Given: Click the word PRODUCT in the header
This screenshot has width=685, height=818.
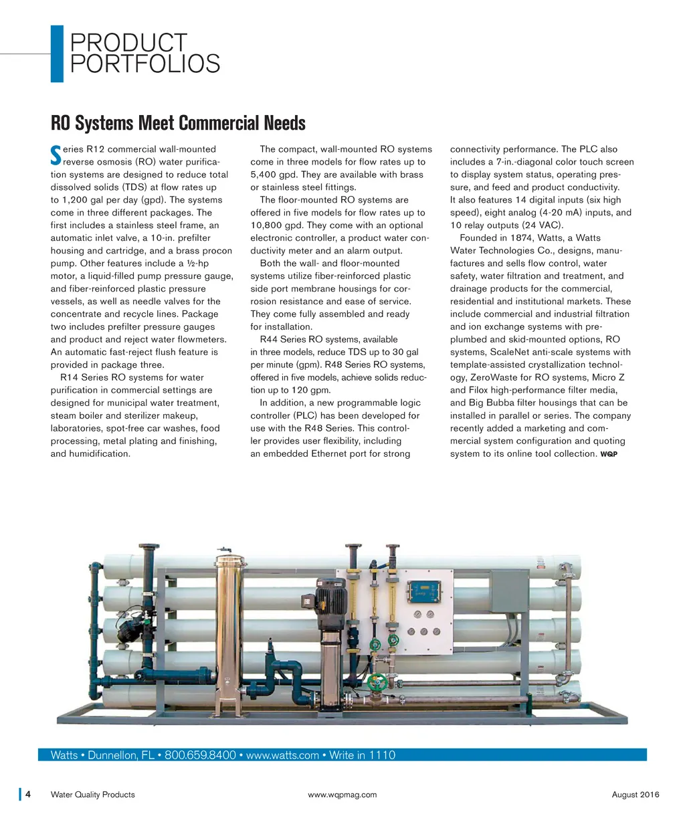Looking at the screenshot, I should click(x=129, y=43).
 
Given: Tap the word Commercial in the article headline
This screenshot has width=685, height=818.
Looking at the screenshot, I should click(x=221, y=124).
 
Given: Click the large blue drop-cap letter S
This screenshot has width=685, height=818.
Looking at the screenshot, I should click(x=56, y=155).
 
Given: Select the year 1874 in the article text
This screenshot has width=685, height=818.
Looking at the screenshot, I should click(x=522, y=238).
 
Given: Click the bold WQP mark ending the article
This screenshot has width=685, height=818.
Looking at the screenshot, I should click(x=609, y=454).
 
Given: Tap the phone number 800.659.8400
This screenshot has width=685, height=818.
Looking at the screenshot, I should click(x=200, y=755).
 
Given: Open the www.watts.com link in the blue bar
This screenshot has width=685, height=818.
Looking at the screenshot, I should click(x=282, y=755).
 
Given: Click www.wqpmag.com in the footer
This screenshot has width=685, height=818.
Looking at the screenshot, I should click(x=342, y=795).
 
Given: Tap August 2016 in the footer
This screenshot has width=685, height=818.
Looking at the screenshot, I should click(x=635, y=795).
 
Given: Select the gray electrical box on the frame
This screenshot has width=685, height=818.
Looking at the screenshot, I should click(x=510, y=591).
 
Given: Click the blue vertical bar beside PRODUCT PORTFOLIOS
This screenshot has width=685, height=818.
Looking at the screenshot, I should click(x=57, y=54).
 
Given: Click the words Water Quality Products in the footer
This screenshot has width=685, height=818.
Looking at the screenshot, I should click(x=92, y=795).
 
